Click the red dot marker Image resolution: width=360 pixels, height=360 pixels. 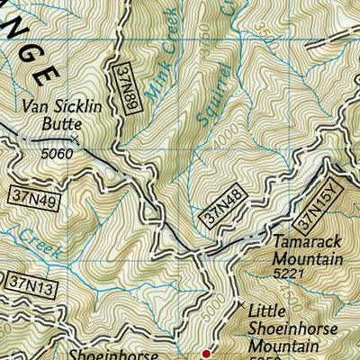pos(207,354)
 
